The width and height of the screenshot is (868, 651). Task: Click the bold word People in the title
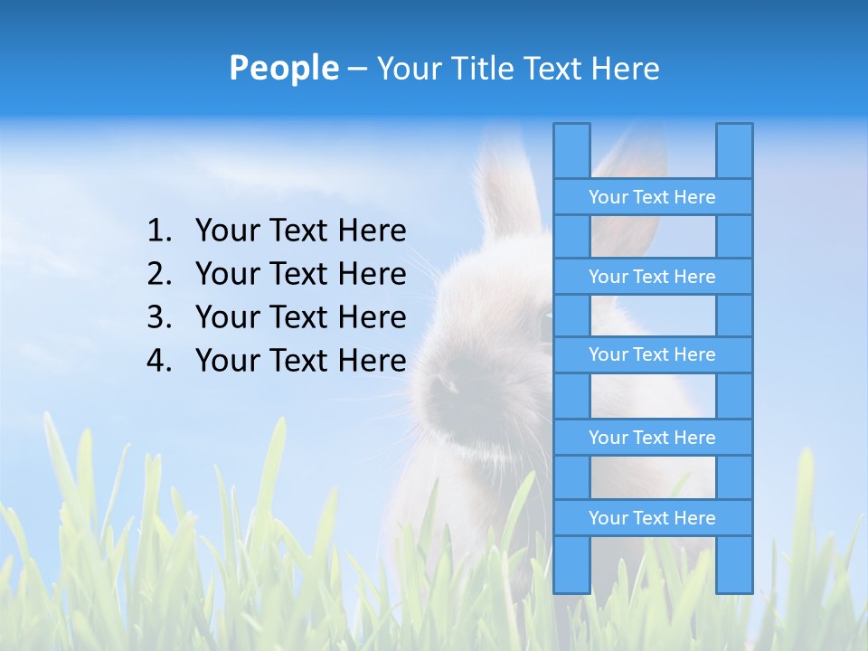(284, 68)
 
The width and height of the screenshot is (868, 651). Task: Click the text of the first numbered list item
(300, 231)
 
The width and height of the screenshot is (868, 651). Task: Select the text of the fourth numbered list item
(300, 361)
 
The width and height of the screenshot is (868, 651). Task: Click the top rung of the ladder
(652, 197)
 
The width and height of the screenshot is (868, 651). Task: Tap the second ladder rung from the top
(652, 277)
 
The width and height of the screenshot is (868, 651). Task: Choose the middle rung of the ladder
(652, 354)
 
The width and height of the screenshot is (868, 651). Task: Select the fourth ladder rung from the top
(652, 438)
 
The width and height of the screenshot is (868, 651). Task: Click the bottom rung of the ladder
(652, 518)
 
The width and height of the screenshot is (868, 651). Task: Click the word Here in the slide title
(625, 68)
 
